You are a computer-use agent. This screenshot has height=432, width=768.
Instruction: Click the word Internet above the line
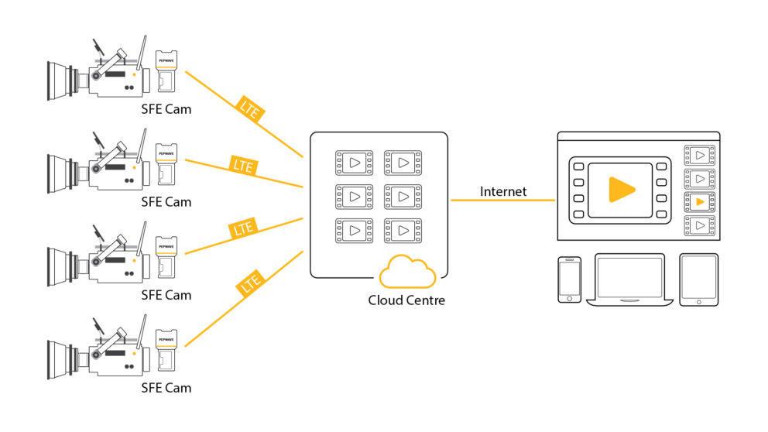pos(503,191)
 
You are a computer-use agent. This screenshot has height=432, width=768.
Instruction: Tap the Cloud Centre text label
pos(406,300)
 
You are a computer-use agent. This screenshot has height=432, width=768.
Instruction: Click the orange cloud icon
pos(407,272)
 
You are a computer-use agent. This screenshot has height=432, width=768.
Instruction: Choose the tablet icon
pos(699,279)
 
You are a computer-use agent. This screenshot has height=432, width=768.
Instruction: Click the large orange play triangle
pos(620,190)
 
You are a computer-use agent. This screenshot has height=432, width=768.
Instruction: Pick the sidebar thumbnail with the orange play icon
pos(700,202)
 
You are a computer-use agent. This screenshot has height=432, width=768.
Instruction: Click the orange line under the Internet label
pos(503,201)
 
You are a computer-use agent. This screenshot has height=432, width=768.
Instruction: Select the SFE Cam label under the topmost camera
pos(166,109)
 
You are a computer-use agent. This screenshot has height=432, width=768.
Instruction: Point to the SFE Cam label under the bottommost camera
pos(166,387)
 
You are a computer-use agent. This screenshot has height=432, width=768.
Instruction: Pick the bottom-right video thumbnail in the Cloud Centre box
pos(402,230)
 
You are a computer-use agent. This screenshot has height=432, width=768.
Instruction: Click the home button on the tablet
pos(699,301)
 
